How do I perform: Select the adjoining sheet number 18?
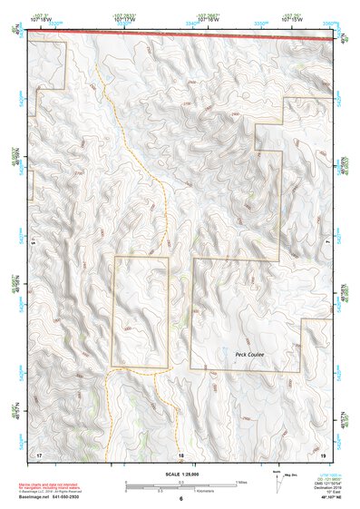coord(181,454)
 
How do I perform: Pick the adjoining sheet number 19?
coord(324,454)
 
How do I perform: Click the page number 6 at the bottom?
coord(181,499)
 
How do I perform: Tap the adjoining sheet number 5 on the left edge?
coord(32,243)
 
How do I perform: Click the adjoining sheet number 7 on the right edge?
coord(328,243)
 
